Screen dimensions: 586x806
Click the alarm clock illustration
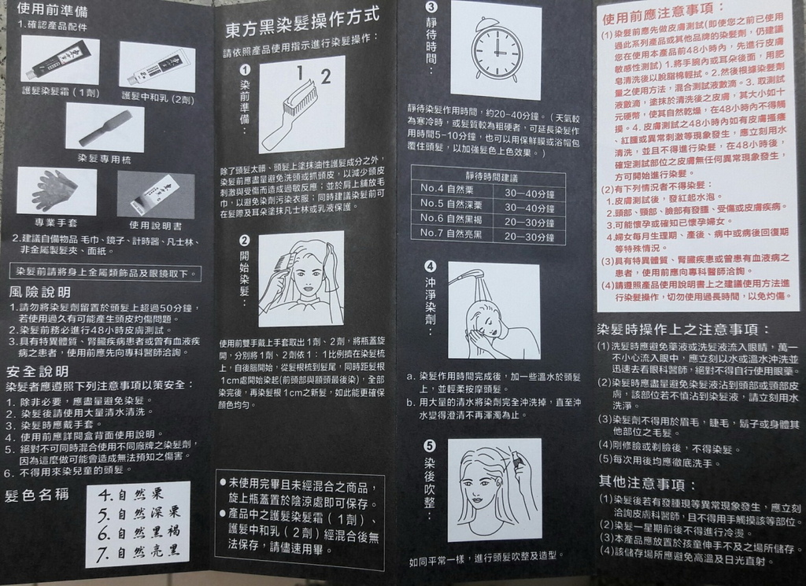(x=496, y=49)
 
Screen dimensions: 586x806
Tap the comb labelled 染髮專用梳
(x=105, y=127)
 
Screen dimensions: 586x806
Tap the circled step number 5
(x=429, y=445)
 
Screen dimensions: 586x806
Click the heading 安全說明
(x=37, y=370)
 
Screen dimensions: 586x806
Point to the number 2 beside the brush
(x=325, y=76)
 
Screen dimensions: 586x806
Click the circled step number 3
(x=431, y=7)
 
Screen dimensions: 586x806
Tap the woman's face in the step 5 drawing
(x=478, y=486)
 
